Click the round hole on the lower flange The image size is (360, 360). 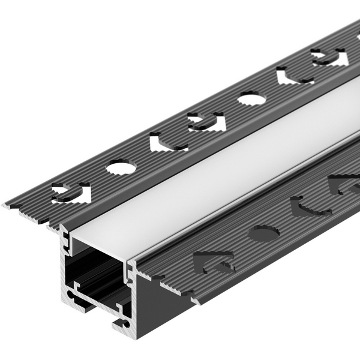pyautogui.click(x=263, y=233)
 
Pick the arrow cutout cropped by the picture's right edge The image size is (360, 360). pyautogui.click(x=345, y=183)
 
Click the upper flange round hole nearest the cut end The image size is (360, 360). pyautogui.click(x=121, y=167)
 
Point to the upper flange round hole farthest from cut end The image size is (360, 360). pyautogui.click(x=251, y=98)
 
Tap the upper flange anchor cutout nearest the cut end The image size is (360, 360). pyautogui.click(x=71, y=193)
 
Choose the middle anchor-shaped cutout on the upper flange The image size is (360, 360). pyautogui.click(x=206, y=121)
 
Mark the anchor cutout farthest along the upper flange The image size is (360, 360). pyautogui.click(x=329, y=57)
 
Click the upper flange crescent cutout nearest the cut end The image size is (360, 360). pyautogui.click(x=167, y=143)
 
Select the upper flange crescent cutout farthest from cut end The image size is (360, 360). pyautogui.click(x=293, y=76)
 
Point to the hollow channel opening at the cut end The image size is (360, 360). pyautogui.click(x=96, y=264)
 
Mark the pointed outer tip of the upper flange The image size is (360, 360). pyautogui.click(x=6, y=206)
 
